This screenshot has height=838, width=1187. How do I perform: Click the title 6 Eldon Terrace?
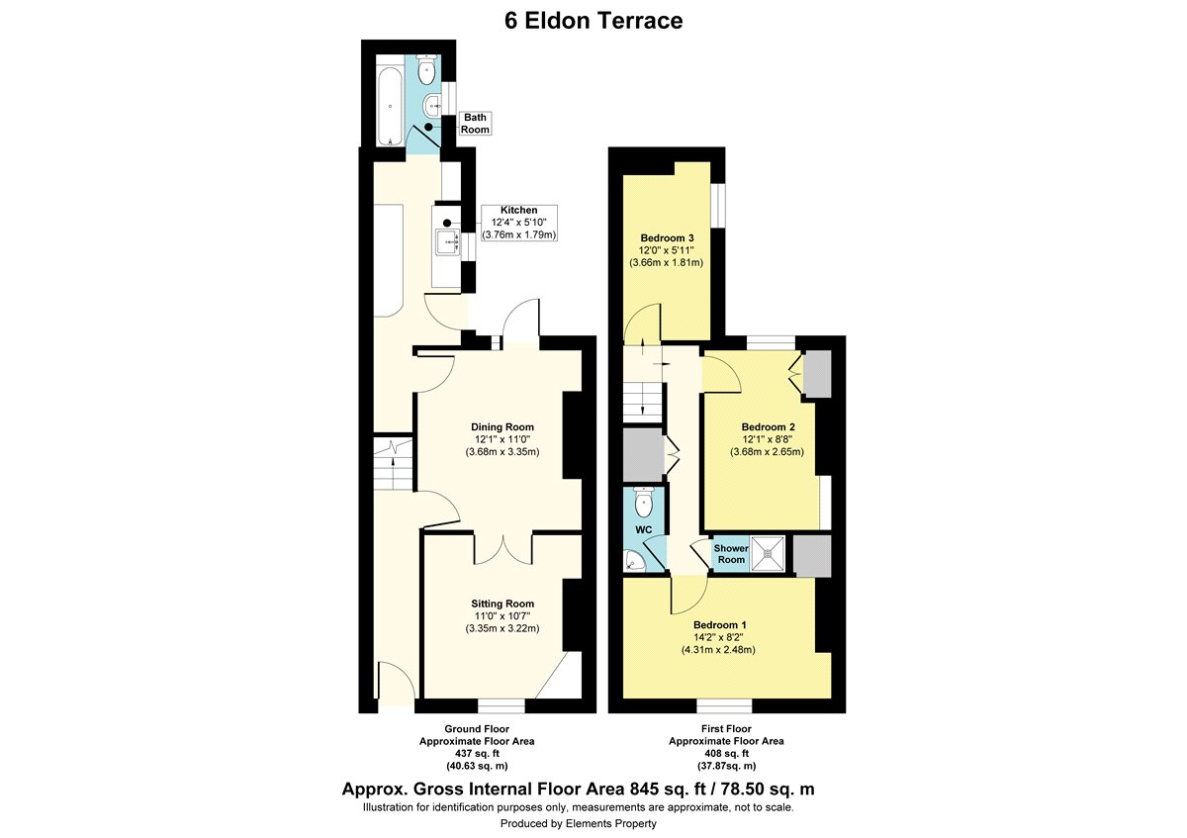click(x=593, y=21)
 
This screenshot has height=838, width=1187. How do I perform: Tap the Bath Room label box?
click(x=475, y=124)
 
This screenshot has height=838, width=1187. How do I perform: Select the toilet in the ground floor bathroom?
click(x=425, y=69)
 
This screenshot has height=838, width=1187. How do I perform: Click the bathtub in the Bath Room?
click(x=391, y=106)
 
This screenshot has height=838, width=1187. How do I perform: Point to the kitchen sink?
click(x=448, y=241)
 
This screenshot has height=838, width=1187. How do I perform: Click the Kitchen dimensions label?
click(x=518, y=223)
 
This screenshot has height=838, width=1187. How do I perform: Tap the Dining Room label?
click(x=502, y=439)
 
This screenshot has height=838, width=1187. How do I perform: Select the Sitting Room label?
click(x=502, y=616)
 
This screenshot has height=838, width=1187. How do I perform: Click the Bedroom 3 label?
click(x=667, y=250)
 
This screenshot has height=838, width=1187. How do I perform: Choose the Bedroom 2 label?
click(x=768, y=439)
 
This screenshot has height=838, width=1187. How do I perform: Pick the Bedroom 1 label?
click(x=719, y=637)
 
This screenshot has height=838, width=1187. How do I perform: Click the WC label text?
click(x=643, y=529)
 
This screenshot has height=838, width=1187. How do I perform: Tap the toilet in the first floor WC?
click(x=644, y=502)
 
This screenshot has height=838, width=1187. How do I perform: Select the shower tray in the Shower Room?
click(x=768, y=554)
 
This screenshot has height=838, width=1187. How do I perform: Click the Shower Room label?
click(x=731, y=554)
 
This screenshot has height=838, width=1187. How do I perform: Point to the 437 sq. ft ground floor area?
click(x=477, y=753)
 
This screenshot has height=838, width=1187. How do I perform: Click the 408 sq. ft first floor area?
click(x=726, y=753)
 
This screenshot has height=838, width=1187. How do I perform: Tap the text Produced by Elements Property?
click(x=578, y=823)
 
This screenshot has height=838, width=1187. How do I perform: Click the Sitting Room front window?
click(x=502, y=706)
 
